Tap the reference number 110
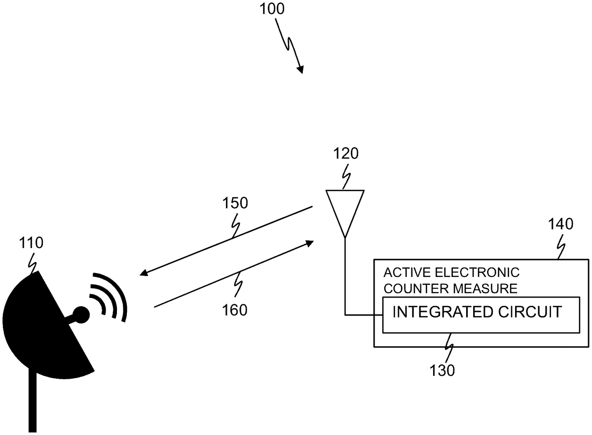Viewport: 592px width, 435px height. [x=31, y=243]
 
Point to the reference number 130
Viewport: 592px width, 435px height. [x=443, y=370]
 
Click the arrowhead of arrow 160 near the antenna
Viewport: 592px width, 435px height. [x=309, y=243]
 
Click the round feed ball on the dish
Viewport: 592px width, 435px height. [x=81, y=313]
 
